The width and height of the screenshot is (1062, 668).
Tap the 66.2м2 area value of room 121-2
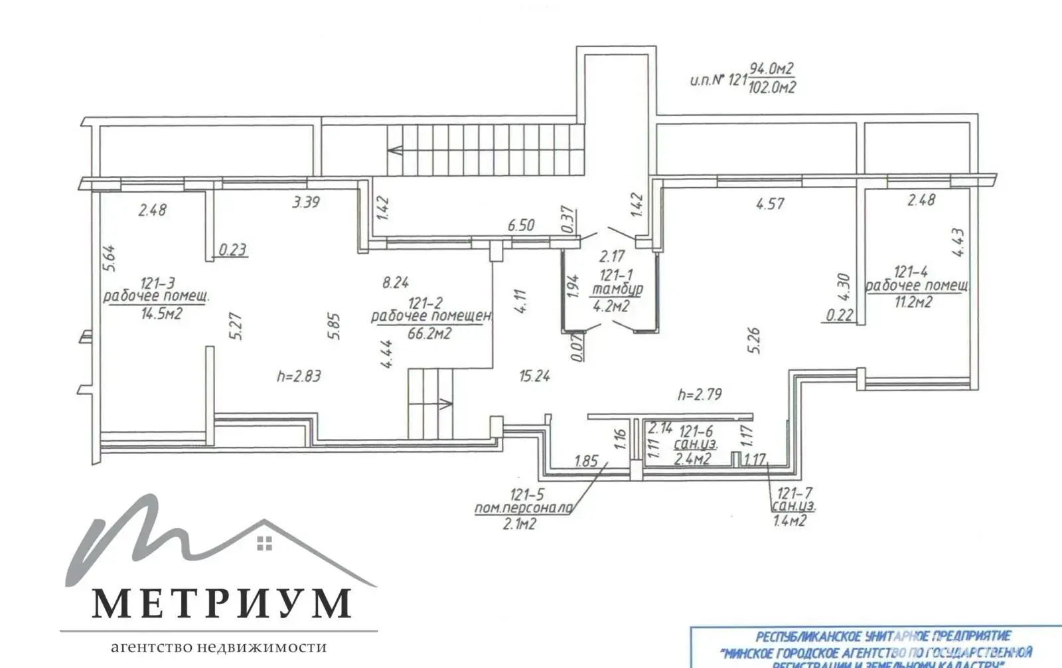tap(429, 333)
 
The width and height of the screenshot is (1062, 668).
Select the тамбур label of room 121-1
tap(617, 290)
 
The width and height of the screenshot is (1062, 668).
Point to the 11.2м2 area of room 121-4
tap(913, 302)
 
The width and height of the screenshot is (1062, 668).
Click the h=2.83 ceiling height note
tap(299, 376)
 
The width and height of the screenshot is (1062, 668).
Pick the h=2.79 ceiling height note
tap(700, 394)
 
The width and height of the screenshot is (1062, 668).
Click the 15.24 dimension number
tap(534, 376)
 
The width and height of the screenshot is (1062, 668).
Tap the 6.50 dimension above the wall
tap(521, 226)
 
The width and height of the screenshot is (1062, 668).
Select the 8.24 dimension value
tap(396, 283)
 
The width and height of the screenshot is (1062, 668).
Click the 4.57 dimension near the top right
tap(770, 204)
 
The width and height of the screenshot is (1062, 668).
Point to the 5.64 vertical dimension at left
tap(110, 258)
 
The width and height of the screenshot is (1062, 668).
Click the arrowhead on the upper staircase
tap(395, 149)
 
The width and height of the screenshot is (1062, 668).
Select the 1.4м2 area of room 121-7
tap(790, 521)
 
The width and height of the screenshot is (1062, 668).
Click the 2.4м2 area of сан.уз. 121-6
tap(692, 458)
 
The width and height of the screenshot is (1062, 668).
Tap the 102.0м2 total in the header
tap(772, 88)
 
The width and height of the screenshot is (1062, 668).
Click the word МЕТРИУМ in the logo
tap(221, 603)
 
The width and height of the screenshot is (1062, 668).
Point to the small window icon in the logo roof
tap(264, 543)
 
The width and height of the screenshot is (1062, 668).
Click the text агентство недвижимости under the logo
tap(218, 647)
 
